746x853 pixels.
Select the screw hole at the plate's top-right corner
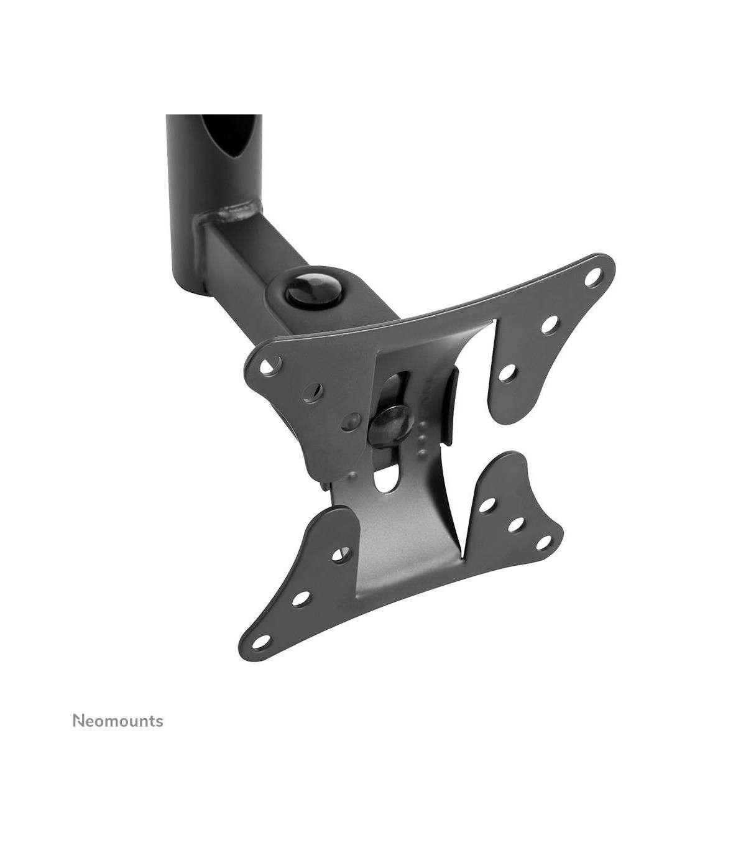point(593,277)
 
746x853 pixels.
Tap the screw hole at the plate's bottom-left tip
point(261,652)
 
